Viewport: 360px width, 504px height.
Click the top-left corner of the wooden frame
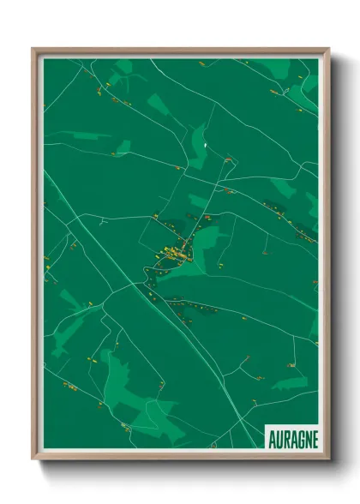(33, 49)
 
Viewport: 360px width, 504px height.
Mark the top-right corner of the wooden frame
(328, 49)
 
